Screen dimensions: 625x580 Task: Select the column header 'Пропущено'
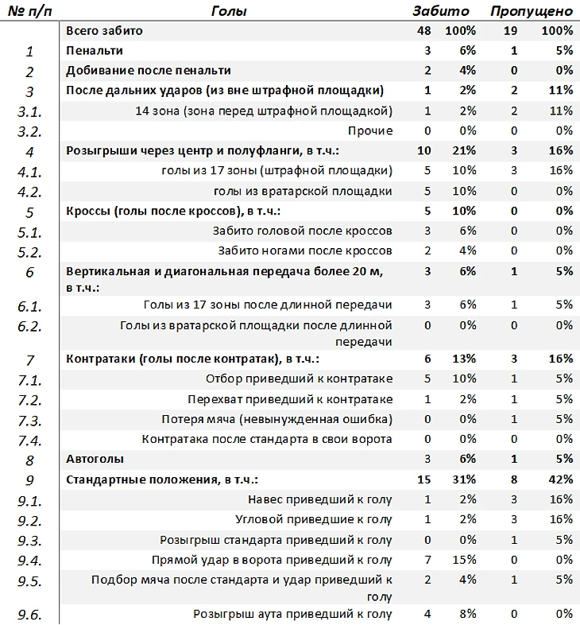point(531,11)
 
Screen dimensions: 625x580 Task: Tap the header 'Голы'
point(230,11)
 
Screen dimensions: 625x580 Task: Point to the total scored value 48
point(423,31)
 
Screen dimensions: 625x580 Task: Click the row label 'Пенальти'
point(95,51)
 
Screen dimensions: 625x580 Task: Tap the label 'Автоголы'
point(95,459)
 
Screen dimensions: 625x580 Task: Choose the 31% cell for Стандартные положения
point(463,479)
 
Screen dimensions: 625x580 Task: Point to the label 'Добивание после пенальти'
point(149,71)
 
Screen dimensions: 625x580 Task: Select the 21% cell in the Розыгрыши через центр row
point(463,151)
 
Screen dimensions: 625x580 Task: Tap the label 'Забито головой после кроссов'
point(303,231)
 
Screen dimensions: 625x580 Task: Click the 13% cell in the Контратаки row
point(463,359)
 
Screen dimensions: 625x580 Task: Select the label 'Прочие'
point(370,130)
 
